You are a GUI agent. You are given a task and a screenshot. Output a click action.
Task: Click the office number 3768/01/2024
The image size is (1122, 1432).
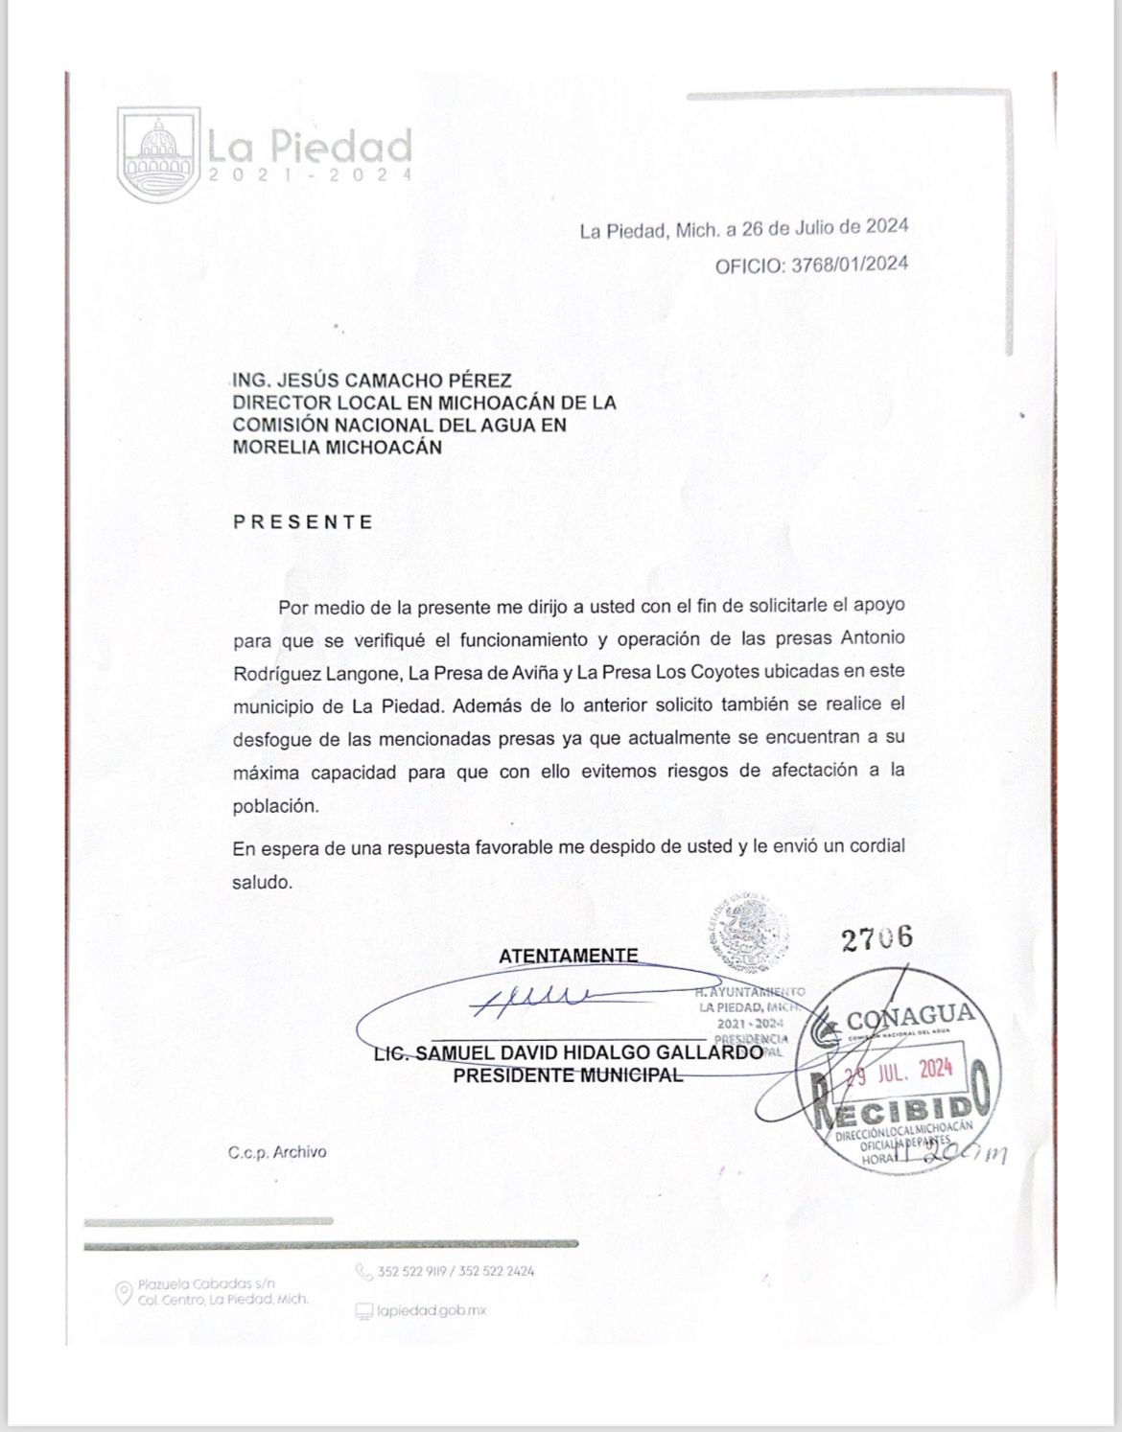click(x=848, y=266)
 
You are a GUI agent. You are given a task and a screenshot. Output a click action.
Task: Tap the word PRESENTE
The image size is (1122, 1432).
click(x=303, y=522)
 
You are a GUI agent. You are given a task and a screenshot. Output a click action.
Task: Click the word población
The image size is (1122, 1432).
click(x=274, y=806)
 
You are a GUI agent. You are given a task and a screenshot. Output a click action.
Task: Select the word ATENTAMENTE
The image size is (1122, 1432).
click(x=568, y=956)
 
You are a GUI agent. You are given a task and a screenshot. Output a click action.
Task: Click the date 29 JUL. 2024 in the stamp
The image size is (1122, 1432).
click(x=898, y=1070)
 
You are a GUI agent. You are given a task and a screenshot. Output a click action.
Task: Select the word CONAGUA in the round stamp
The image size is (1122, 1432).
click(x=909, y=1016)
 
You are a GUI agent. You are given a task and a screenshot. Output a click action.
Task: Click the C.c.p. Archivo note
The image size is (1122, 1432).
click(x=278, y=1152)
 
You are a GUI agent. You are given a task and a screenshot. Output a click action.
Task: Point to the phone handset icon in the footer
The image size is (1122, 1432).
click(x=363, y=1273)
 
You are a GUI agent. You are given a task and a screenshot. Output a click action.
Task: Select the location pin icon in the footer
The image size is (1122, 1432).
click(x=123, y=1294)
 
